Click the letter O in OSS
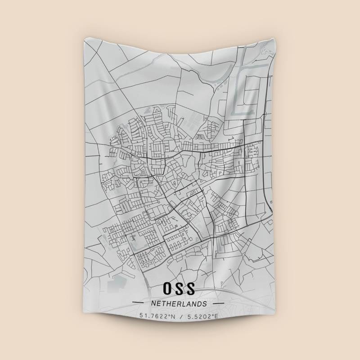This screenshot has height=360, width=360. click(167, 288)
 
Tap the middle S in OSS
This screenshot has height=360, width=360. click(180, 288)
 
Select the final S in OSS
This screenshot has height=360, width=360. click(191, 288)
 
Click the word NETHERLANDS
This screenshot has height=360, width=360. click(179, 304)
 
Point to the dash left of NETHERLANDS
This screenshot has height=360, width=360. click(140, 304)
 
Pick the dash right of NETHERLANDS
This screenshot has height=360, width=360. click(218, 304)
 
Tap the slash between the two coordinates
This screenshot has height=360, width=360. click(179, 316)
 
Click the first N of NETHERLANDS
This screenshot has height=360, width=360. click(154, 304)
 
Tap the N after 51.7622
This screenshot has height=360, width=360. click(173, 316)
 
